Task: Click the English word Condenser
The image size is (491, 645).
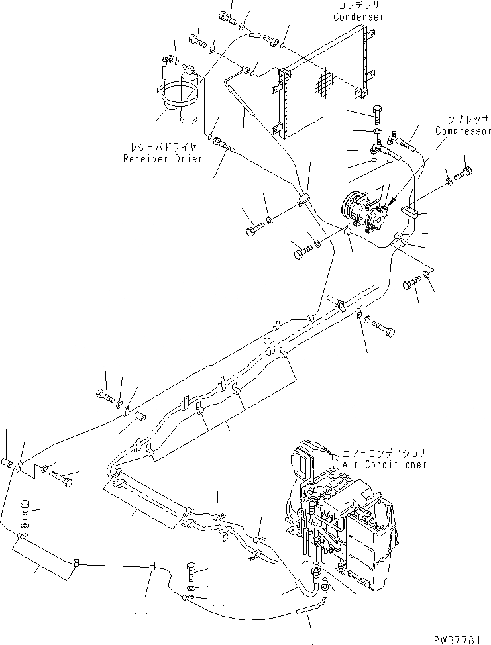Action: pos(358,16)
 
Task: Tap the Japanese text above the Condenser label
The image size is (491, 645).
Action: pos(358,5)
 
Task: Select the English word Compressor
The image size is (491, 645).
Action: pos(463,130)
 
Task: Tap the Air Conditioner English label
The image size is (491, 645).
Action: pos(384,464)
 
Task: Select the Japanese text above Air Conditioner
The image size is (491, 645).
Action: pos(384,454)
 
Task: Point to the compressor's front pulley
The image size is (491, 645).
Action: pos(350,203)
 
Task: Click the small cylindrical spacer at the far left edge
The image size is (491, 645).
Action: pos(8,462)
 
